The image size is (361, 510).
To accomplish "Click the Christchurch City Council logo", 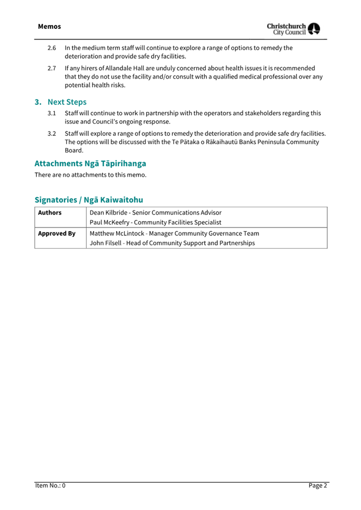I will [x=294, y=29].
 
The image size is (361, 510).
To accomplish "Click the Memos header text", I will [x=49, y=26].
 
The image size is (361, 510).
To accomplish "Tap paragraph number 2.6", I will [x=52, y=48].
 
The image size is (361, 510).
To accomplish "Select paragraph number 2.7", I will [x=52, y=68].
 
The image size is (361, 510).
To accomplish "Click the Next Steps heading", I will [x=66, y=102].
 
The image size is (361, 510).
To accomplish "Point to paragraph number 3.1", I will [x=52, y=113].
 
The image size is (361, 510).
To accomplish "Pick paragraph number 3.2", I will [x=52, y=134].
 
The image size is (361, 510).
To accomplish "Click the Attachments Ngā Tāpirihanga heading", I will [x=90, y=163].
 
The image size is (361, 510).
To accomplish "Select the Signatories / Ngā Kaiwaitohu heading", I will [x=89, y=200].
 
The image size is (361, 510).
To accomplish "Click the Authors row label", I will [x=50, y=213].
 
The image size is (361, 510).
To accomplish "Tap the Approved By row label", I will [x=56, y=233].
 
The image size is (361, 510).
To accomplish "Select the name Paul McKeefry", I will [x=112, y=222].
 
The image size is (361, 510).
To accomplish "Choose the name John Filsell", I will [x=105, y=244].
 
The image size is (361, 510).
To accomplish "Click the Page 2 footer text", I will [x=318, y=485].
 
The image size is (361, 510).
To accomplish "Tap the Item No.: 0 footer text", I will [x=50, y=485].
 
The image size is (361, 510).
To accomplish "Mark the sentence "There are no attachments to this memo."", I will [x=90, y=175].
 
